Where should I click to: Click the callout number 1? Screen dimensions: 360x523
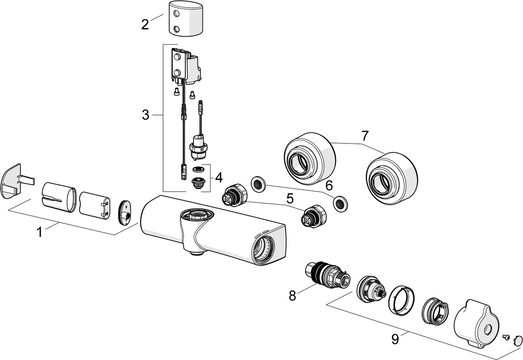click(39, 232)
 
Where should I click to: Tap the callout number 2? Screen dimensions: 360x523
click(145, 24)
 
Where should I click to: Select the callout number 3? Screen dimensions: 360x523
click(145, 115)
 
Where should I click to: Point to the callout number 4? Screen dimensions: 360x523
click(219, 177)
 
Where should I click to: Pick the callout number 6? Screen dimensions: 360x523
click(329, 185)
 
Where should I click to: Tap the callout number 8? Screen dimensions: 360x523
click(292, 295)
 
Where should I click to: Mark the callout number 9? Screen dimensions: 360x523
click(395, 339)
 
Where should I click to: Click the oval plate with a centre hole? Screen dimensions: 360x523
click(124, 212)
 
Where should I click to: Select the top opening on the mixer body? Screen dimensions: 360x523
click(195, 214)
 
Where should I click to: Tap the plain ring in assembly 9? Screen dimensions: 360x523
click(402, 300)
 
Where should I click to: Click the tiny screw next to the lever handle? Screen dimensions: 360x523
click(506, 336)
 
